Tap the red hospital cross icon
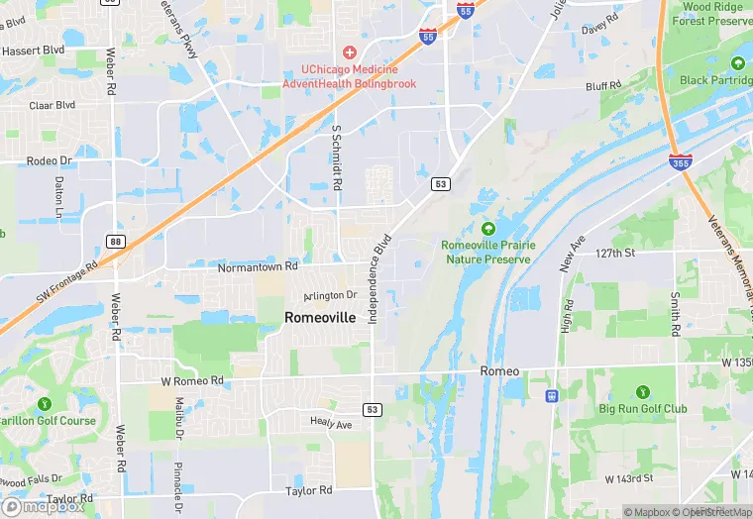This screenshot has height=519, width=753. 349,52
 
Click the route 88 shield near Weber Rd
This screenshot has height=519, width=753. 115,242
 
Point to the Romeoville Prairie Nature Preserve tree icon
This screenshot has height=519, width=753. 487,228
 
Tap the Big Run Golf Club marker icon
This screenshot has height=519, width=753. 642,392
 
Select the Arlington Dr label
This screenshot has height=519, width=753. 330,295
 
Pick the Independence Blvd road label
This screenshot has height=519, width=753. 379,278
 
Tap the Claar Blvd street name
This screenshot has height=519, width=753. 53,105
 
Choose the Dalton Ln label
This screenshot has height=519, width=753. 58,198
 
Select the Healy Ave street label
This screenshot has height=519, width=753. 331,424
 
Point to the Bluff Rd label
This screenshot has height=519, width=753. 601,87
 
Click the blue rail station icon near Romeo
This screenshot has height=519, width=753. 552,396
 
